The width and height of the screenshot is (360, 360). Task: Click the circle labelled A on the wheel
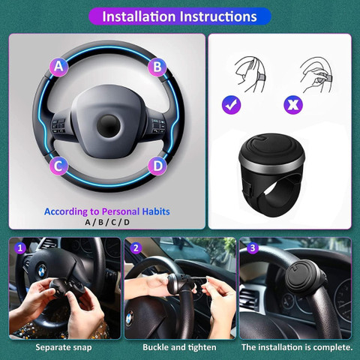[59, 67]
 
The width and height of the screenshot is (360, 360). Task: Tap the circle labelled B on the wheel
[157, 67]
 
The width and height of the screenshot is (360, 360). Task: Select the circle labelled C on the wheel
[58, 166]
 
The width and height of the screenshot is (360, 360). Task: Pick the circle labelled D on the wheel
[157, 166]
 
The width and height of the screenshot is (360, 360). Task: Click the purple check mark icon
[232, 105]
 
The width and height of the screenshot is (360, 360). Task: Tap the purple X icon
[293, 105]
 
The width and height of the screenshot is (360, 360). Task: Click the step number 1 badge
[20, 248]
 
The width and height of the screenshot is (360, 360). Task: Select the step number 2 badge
[136, 248]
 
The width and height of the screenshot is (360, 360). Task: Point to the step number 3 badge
[253, 247]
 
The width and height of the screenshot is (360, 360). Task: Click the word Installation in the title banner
[139, 16]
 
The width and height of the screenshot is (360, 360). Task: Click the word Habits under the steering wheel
[156, 211]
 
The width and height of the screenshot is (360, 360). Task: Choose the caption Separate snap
[64, 347]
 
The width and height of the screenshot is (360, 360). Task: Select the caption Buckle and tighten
[179, 347]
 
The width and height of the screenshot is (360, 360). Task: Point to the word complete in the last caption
[332, 347]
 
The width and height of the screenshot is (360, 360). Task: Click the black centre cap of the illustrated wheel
[108, 126]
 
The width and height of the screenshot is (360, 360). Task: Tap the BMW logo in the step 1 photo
[42, 271]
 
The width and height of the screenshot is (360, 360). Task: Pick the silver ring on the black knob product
[271, 163]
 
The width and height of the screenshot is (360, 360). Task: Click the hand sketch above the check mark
[250, 74]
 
